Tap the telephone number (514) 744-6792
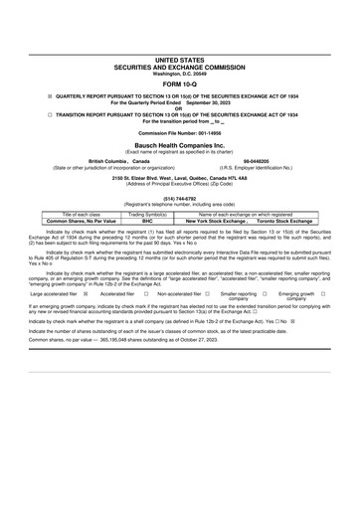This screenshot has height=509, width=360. [180, 225]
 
